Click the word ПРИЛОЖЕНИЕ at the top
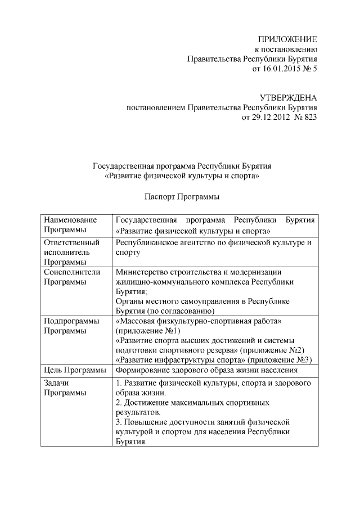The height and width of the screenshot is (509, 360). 287,39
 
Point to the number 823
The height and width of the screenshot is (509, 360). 309,118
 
